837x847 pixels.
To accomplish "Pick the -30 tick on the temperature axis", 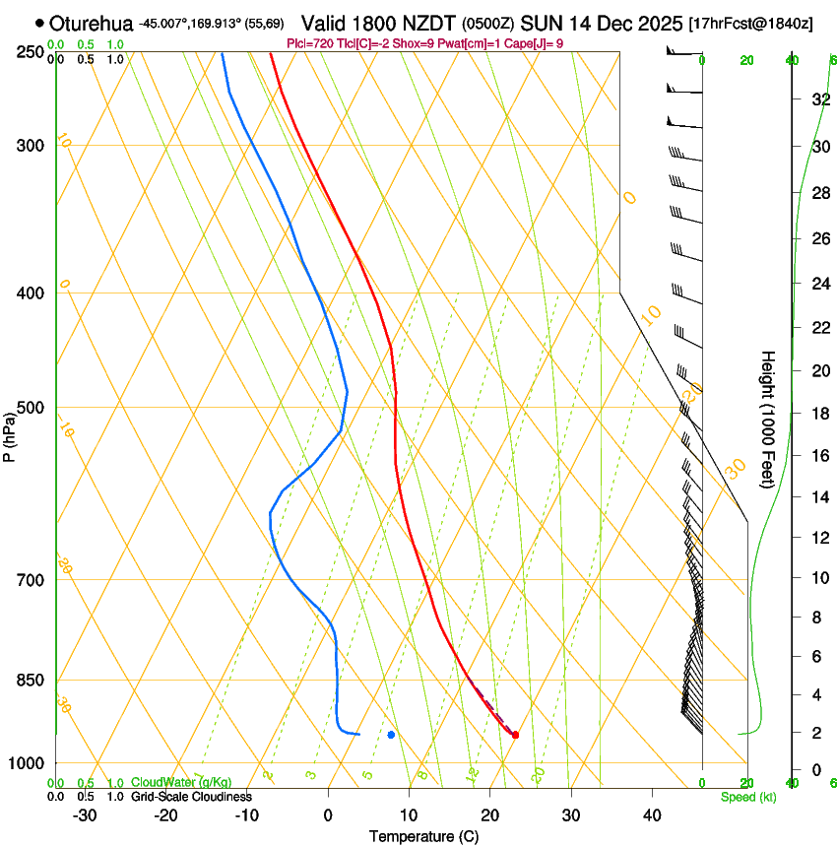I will pos(85,814).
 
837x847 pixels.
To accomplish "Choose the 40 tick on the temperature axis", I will pos(652,814).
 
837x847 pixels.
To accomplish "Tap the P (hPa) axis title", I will pos(10,432).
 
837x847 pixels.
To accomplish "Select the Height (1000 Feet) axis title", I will pos(768,419).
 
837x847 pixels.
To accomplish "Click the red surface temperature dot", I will pos(515,735).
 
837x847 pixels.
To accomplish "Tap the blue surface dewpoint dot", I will pos(391,735).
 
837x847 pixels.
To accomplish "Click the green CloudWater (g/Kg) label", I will pos(181,783).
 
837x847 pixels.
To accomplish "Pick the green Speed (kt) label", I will pos(747,796).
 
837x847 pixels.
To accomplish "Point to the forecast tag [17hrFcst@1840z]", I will pos(750,23).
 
